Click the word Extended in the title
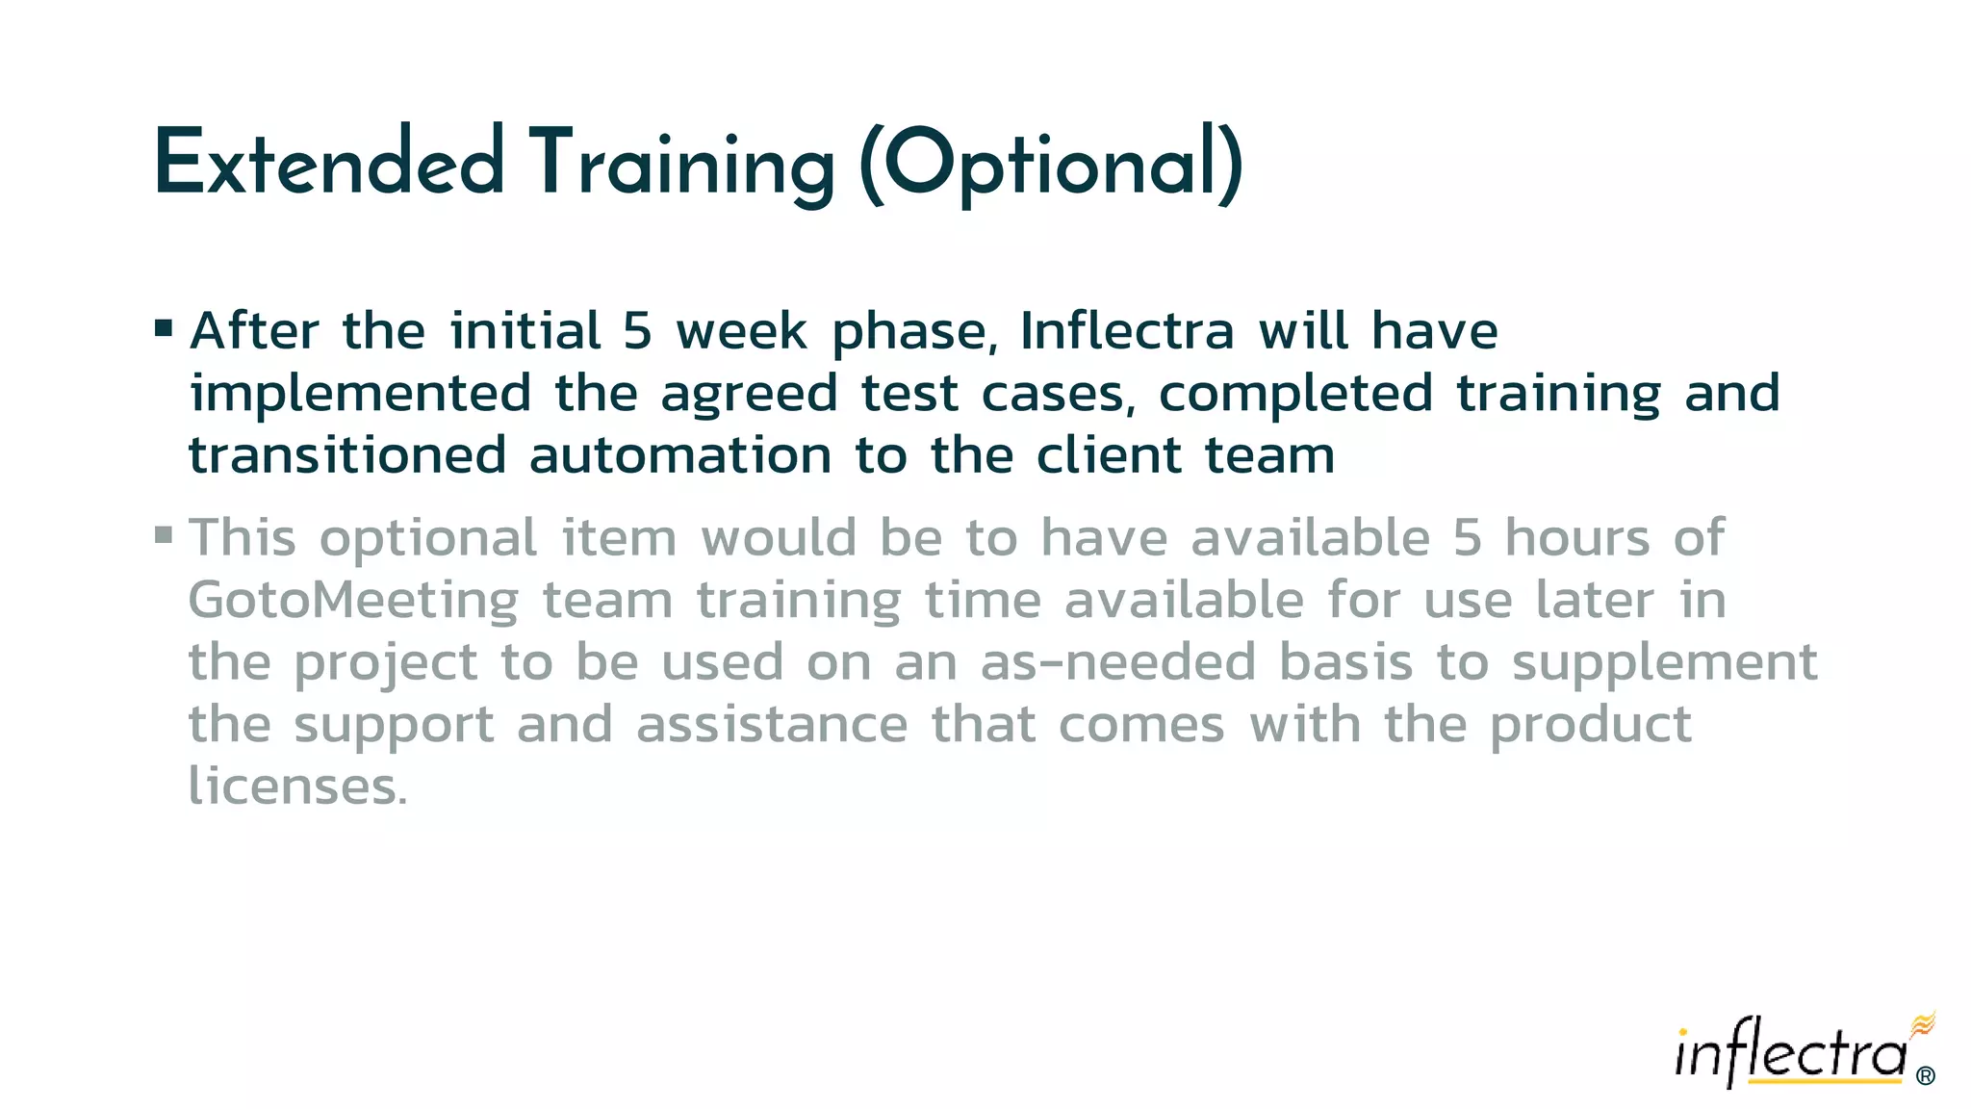pos(328,164)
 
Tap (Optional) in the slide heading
pos(1050,166)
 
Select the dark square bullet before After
pos(164,329)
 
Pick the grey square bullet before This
pos(164,533)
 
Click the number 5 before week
pos(637,332)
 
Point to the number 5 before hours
pos(1468,538)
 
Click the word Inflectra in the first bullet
pos(1127,331)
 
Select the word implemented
pos(360,395)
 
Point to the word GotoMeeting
pos(353,603)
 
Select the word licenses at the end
pos(297,787)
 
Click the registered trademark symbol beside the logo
pos(1926,1075)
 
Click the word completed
pos(1295,395)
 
